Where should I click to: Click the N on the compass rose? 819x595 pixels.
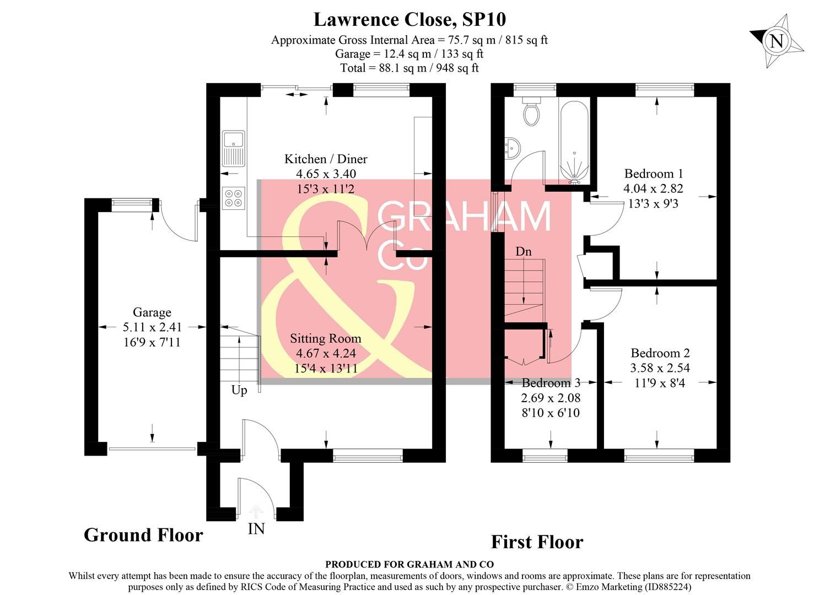[x=776, y=41]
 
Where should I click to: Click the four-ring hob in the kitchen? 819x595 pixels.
[x=233, y=198]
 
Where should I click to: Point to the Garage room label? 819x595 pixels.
[x=152, y=313]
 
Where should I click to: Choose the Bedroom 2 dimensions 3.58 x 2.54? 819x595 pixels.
[x=660, y=367]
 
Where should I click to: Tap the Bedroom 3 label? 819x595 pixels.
[x=551, y=383]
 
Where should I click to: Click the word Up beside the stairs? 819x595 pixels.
[x=239, y=390]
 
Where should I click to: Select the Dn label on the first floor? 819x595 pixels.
[x=524, y=252]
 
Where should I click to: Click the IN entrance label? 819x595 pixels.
[x=256, y=529]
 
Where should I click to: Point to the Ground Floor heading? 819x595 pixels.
[x=143, y=535]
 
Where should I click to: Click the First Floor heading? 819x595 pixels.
[x=537, y=542]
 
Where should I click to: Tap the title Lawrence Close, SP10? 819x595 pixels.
[x=409, y=20]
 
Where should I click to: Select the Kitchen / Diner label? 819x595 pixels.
[x=326, y=159]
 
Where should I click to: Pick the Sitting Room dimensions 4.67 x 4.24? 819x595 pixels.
[x=326, y=353]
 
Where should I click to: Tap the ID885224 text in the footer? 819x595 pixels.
[x=667, y=587]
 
